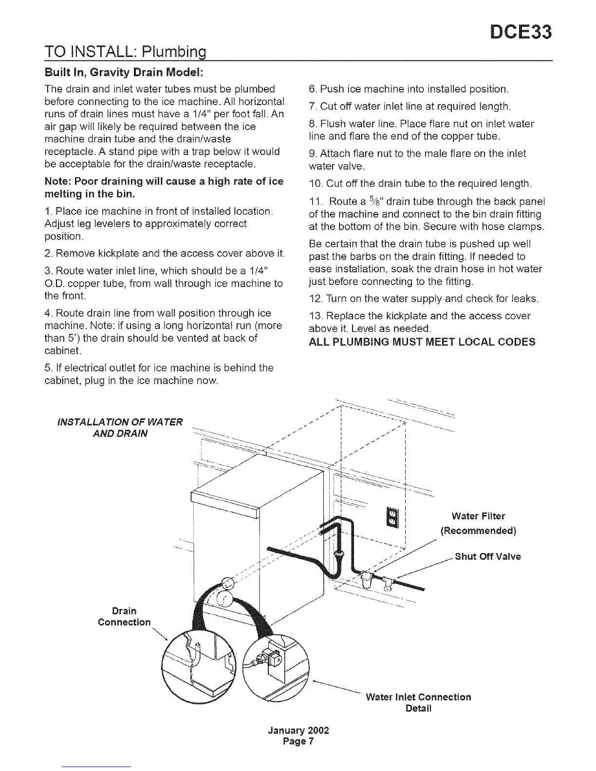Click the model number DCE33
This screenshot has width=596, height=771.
click(x=521, y=32)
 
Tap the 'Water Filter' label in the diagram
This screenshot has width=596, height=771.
click(x=478, y=516)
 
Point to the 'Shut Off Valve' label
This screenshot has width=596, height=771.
click(x=487, y=557)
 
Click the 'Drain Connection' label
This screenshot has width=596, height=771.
click(x=124, y=617)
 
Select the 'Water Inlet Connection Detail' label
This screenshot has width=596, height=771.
click(x=418, y=702)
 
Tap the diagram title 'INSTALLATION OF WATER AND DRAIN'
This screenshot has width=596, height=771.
click(x=120, y=427)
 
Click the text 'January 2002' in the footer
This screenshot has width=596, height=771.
click(x=298, y=731)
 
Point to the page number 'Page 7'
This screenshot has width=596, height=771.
click(x=298, y=742)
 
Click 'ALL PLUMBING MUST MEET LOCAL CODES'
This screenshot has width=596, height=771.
click(x=422, y=342)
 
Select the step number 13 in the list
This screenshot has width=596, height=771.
click(x=315, y=316)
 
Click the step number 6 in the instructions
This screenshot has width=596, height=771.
click(x=313, y=89)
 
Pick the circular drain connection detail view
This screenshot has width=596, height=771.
click(x=200, y=666)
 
